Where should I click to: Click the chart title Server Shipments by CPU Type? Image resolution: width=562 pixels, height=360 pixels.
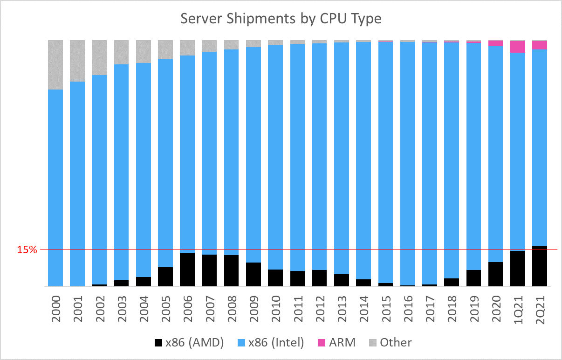tap(281, 19)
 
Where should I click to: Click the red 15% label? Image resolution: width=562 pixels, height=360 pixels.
tap(27, 250)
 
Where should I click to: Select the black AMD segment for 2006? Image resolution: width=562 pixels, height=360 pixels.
tap(187, 269)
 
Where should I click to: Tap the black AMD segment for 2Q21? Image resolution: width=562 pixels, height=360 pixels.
tap(539, 266)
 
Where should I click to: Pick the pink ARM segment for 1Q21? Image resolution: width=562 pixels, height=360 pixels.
tap(518, 47)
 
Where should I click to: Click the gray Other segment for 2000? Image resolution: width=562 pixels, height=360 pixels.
tap(55, 64)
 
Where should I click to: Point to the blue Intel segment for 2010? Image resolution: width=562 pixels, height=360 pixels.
tap(275, 157)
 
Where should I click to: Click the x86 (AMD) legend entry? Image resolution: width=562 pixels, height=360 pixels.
tap(189, 343)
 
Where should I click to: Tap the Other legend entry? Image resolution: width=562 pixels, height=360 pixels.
tap(389, 343)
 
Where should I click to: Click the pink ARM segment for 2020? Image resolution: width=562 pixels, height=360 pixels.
tap(495, 43)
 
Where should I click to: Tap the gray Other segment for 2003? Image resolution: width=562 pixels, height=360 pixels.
tap(122, 52)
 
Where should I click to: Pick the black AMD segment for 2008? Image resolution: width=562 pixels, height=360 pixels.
tap(231, 270)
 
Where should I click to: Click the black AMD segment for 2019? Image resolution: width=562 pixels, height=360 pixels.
tap(473, 278)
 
